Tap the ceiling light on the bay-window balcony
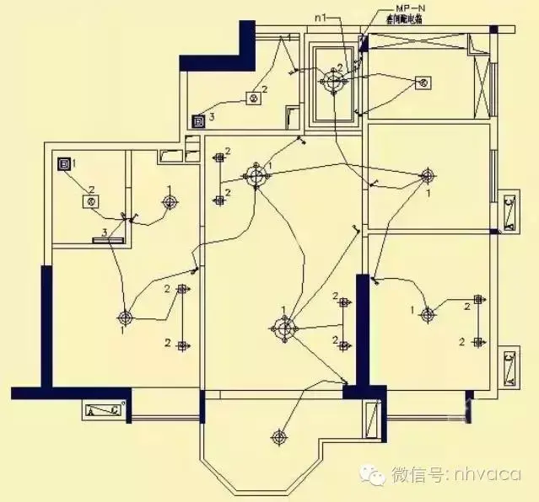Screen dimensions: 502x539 tap(278, 436)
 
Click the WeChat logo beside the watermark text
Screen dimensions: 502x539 tap(374, 475)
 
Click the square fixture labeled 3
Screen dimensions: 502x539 tap(199, 120)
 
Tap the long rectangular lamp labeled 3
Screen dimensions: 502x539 tap(107, 239)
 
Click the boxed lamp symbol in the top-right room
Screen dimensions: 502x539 tap(424, 82)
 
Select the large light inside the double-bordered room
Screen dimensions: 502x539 tap(333, 82)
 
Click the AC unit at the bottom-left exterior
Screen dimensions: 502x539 tap(103, 411)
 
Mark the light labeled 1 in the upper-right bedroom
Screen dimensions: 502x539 tap(427, 176)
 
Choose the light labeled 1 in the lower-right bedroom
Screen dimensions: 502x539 tap(428, 315)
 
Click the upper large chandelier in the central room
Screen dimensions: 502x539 tap(256, 175)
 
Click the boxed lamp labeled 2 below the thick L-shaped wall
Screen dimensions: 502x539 tap(251, 99)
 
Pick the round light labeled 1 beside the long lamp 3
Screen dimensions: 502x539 tap(171, 201)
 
